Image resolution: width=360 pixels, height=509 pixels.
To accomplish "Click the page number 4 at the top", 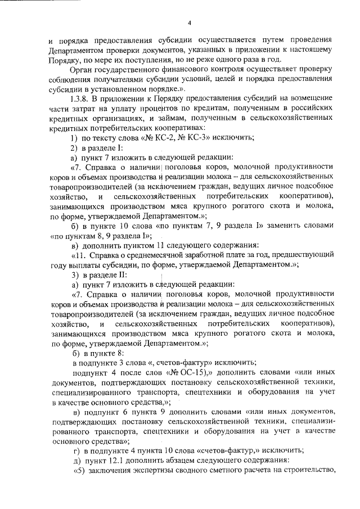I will pyautogui.click(x=190, y=22).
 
